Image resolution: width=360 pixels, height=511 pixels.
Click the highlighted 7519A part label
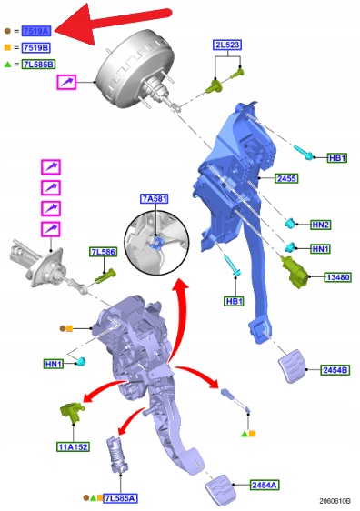pyautogui.click(x=36, y=31)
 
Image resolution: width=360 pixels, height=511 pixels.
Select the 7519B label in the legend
pyautogui.click(x=36, y=48)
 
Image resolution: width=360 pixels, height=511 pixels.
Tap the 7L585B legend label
pyautogui.click(x=39, y=65)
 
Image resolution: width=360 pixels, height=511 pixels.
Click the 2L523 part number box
pyautogui.click(x=228, y=45)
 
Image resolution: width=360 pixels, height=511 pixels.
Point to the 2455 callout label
pyautogui.click(x=286, y=178)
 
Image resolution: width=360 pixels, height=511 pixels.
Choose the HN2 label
pyautogui.click(x=321, y=225)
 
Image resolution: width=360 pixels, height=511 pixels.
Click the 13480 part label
pyautogui.click(x=338, y=277)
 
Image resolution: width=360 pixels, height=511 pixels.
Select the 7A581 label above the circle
pyautogui.click(x=155, y=198)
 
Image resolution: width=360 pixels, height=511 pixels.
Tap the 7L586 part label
pyautogui.click(x=104, y=252)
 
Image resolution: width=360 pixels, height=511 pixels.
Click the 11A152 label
pyautogui.click(x=74, y=446)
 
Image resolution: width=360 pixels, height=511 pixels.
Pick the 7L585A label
pyautogui.click(x=120, y=498)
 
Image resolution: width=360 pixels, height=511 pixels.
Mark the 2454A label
pyautogui.click(x=265, y=486)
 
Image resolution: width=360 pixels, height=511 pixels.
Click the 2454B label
pyautogui.click(x=335, y=370)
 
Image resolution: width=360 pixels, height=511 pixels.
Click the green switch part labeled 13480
pyautogui.click(x=295, y=272)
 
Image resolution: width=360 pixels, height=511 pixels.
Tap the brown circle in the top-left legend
pyautogui.click(x=7, y=31)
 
